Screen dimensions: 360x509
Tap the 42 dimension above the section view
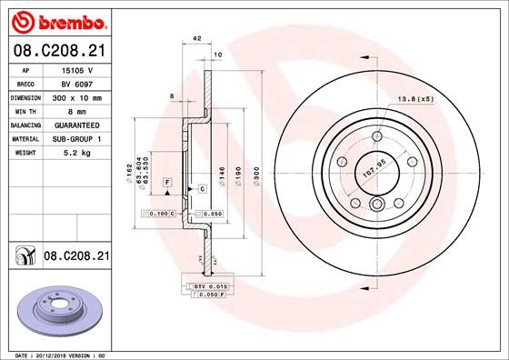tap(196, 39)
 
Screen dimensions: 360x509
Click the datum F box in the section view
tap(167, 183)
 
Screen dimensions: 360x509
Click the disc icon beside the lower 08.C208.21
tap(24, 257)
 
